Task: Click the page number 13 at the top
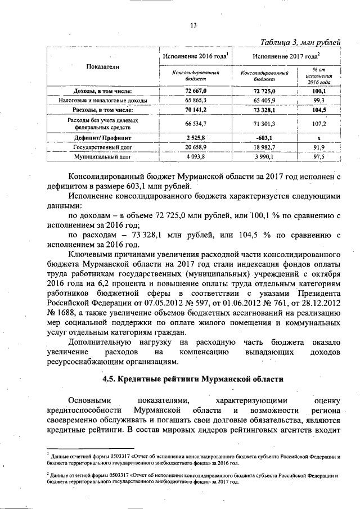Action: click(x=192, y=25)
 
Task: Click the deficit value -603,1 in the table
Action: click(x=264, y=137)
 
